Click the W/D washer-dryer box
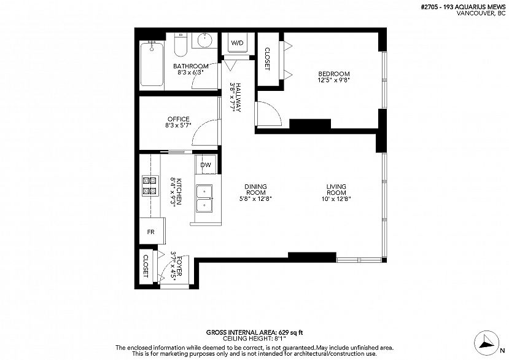pos(236,43)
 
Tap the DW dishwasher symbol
pos(206,165)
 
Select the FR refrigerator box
pos(150,232)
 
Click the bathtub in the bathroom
pos(152,65)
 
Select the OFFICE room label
pos(178,119)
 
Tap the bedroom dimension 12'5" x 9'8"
pos(333,80)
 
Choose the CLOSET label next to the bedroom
pos(267,59)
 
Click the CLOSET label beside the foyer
pos(146,265)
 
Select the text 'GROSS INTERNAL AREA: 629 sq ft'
pos(254,331)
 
